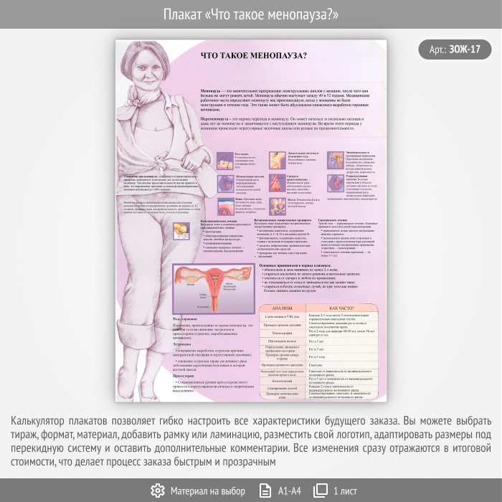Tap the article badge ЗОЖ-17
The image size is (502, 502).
455,49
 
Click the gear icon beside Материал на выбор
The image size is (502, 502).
157,491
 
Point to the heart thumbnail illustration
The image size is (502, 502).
277,182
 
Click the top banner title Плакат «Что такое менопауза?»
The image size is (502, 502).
251,14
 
